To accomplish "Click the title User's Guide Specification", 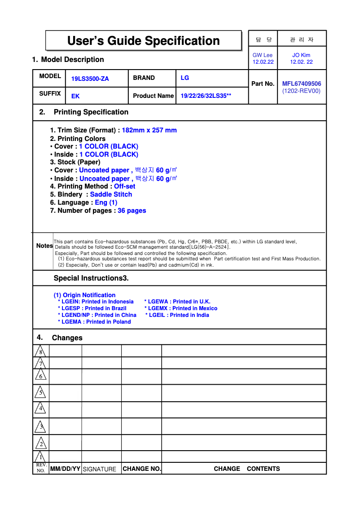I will click(x=143, y=41).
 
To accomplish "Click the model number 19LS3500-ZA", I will click(x=90, y=79).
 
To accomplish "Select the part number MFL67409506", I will click(x=301, y=83).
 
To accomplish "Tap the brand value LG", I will click(x=184, y=78).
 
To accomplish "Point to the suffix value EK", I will click(x=75, y=96).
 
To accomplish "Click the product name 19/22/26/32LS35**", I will click(x=206, y=96).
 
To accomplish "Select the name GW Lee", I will click(x=263, y=55).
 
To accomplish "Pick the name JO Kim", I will click(x=301, y=55).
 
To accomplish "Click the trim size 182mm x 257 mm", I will click(x=149, y=130).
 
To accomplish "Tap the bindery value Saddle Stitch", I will click(x=111, y=194).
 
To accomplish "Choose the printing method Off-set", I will click(x=124, y=186).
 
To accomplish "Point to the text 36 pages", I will click(x=132, y=211).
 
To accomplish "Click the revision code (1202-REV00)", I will click(x=301, y=91).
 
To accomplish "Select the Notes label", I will click(x=44, y=246).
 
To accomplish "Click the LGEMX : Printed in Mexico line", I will click(x=181, y=308).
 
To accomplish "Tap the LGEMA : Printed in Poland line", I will click(x=95, y=322).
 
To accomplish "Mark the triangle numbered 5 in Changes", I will click(x=41, y=393).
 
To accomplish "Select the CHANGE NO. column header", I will click(x=141, y=469).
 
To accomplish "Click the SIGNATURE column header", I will click(x=100, y=469).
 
